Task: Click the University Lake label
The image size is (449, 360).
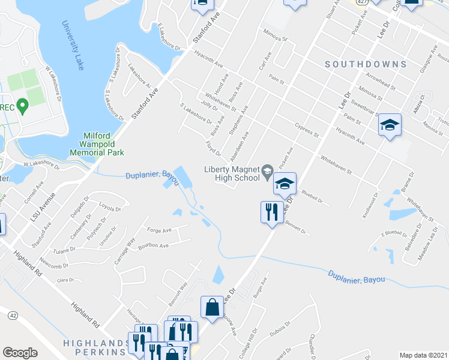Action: tap(73, 46)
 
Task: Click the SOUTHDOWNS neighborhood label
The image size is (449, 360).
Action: tap(366, 64)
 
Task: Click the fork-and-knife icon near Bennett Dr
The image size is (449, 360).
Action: tap(271, 212)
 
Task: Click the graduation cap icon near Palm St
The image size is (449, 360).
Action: tap(390, 125)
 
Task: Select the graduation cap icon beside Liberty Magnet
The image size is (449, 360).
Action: tap(285, 184)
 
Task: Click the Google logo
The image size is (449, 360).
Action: tap(20, 353)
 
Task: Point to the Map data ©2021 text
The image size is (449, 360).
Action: tap(423, 355)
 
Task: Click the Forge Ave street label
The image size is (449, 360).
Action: tap(159, 229)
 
